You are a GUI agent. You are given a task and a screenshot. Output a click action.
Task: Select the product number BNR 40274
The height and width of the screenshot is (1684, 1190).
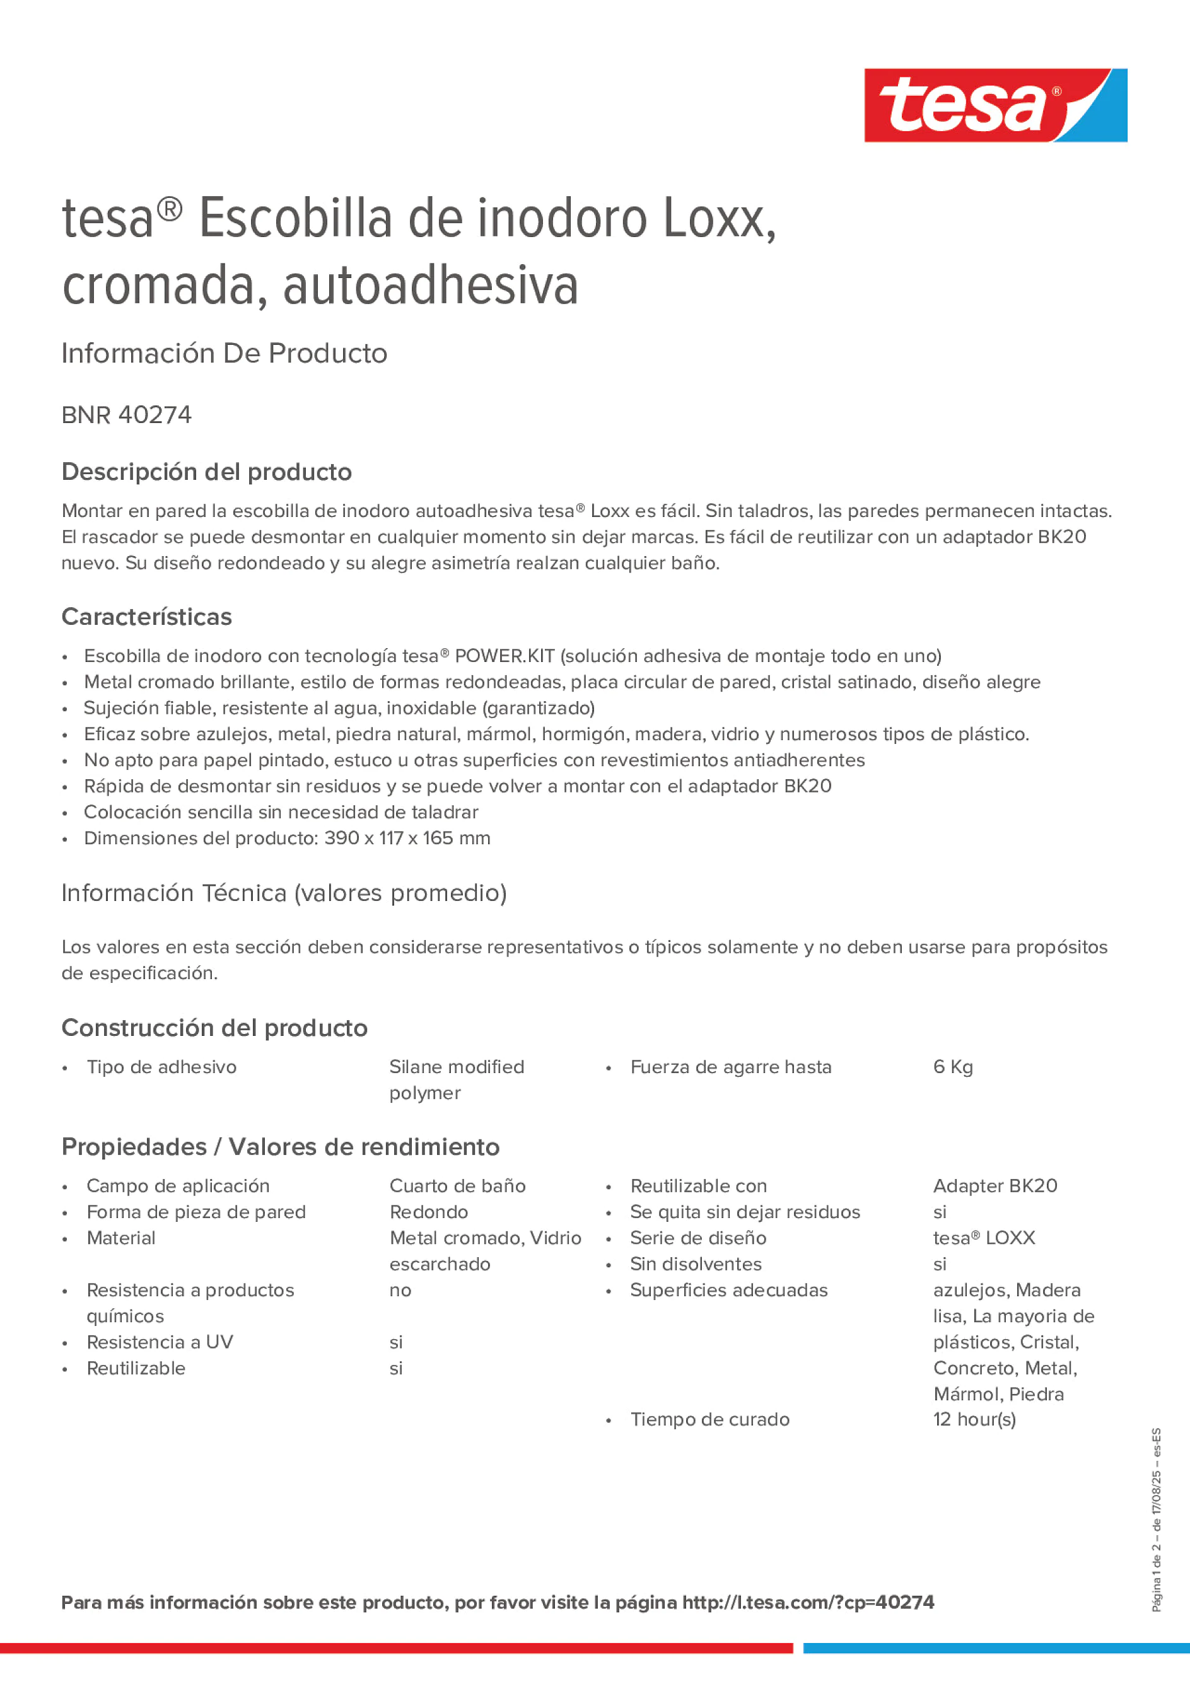pos(126,415)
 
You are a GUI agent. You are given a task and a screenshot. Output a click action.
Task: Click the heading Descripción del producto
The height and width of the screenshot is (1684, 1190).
pos(206,472)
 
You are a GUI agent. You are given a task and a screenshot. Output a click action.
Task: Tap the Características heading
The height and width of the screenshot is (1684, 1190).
pos(146,617)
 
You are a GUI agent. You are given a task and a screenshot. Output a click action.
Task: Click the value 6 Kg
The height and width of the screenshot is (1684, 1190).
pos(952,1067)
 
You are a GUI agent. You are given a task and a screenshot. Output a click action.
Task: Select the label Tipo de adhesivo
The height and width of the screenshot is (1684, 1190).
pos(161,1067)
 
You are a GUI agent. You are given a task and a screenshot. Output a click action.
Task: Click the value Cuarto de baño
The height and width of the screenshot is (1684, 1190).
pos(457,1186)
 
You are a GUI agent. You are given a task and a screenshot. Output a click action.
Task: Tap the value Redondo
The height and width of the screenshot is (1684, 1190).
pos(428,1212)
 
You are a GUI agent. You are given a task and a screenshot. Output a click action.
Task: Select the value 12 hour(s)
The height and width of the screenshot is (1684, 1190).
pos(974,1419)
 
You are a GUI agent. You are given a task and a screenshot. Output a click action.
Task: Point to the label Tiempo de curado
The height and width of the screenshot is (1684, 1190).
pos(709,1419)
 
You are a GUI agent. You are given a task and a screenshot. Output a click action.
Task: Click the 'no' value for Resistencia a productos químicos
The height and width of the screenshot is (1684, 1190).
pos(400,1290)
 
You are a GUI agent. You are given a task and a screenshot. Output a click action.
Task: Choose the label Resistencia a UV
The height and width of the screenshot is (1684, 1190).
pos(159,1342)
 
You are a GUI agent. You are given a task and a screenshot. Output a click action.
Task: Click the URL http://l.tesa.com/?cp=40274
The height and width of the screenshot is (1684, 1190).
pos(808,1603)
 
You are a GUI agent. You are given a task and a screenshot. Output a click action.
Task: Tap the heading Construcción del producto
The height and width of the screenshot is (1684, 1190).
pos(214,1028)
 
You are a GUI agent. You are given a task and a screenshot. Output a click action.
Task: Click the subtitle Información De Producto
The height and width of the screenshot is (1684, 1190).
pos(224,354)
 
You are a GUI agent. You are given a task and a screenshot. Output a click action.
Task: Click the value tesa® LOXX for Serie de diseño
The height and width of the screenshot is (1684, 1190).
pos(983,1238)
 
